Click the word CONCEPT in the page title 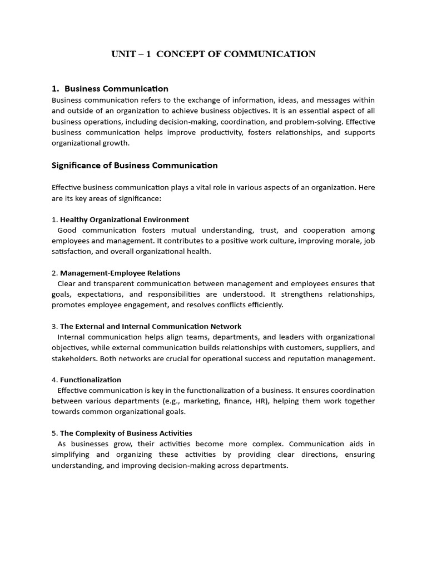coord(177,54)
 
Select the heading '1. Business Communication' coord(110,88)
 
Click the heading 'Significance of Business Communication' coord(135,165)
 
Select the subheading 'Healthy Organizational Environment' coord(125,219)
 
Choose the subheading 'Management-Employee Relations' coord(120,273)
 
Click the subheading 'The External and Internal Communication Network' coord(151,326)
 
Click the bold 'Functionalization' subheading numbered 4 coord(91,380)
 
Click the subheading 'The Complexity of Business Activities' coord(126,433)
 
